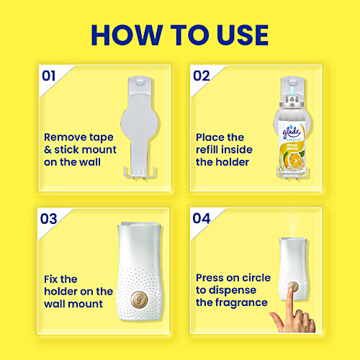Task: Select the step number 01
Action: click(x=49, y=75)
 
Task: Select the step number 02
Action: click(x=201, y=75)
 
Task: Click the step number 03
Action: click(x=49, y=218)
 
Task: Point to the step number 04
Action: click(x=201, y=218)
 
